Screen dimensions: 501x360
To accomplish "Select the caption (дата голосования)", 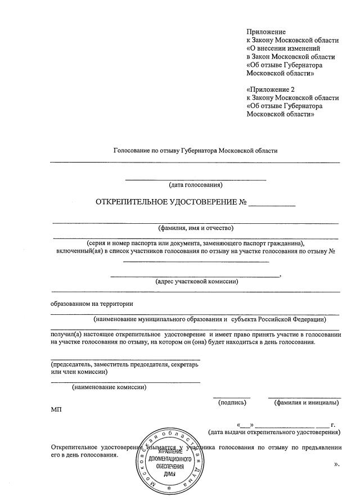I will (196, 184).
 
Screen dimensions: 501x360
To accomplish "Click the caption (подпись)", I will (232, 402).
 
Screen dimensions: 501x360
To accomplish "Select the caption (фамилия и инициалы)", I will (306, 402).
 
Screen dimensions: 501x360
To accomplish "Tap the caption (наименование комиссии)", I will (109, 386).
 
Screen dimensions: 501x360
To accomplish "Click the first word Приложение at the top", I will (266, 32).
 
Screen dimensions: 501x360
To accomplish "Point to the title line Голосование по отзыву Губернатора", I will (195, 151).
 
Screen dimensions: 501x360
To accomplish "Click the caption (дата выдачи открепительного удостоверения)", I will (274, 432).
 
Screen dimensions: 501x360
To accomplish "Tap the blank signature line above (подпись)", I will (232, 397).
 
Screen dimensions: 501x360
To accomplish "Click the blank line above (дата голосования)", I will (195, 179).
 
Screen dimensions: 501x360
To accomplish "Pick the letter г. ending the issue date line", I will (334, 425).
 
